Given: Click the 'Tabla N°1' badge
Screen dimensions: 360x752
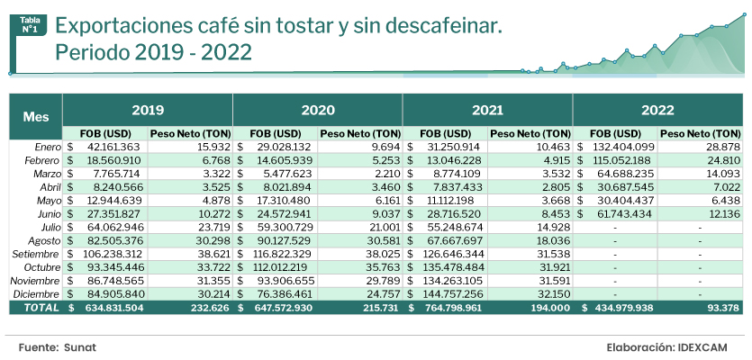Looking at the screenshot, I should click(x=29, y=25).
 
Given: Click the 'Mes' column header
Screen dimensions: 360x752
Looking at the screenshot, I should click(x=36, y=117).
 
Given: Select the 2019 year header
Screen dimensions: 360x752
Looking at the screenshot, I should click(x=148, y=110).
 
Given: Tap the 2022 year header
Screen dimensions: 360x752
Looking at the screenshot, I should click(x=657, y=110).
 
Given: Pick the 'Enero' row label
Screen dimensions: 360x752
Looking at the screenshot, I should click(x=48, y=146).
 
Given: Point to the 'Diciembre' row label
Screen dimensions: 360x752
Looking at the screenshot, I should click(x=39, y=294).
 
